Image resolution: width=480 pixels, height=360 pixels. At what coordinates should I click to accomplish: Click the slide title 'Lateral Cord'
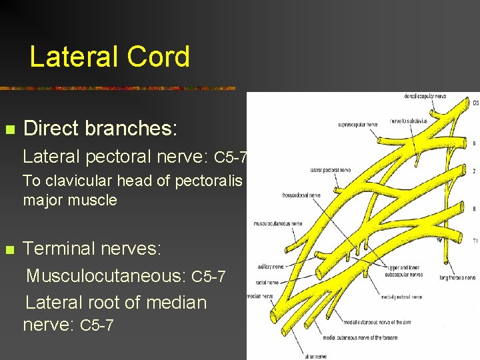point(110,57)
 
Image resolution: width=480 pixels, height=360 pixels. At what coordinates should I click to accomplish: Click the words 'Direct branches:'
point(101,127)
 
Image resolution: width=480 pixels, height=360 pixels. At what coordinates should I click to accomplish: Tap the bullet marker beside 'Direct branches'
point(9,128)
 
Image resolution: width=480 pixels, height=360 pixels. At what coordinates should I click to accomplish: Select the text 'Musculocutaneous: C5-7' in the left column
point(125,275)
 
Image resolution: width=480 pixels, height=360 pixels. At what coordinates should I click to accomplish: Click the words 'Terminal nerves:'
point(92,249)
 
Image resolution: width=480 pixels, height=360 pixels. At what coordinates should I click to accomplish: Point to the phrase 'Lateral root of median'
point(116,302)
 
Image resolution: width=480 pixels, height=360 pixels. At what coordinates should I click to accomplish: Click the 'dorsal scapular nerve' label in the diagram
point(425,97)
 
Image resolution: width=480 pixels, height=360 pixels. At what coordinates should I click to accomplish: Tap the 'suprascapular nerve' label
point(358,124)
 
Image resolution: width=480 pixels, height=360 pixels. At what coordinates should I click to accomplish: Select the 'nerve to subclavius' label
point(409,121)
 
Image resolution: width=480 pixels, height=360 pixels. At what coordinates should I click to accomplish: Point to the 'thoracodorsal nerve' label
point(297,195)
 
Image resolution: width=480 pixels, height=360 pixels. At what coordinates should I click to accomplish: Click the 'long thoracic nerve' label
point(457,277)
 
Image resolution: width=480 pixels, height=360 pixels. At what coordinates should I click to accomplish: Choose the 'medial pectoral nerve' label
point(403,297)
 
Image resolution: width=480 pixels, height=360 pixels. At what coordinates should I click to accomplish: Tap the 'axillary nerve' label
point(271,266)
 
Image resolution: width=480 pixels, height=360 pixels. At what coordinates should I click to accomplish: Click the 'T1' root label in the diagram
point(475,241)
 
